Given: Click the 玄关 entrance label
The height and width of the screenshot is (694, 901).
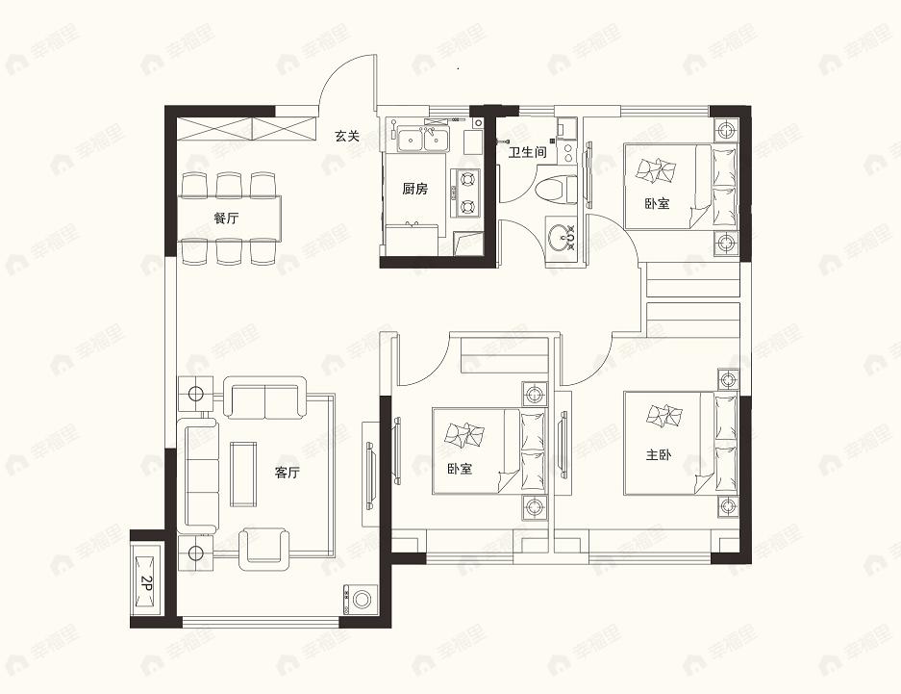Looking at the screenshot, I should [347, 137].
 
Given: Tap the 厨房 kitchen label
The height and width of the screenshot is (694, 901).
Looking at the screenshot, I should [414, 189].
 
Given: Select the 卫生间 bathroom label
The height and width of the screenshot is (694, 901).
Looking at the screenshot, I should [527, 152].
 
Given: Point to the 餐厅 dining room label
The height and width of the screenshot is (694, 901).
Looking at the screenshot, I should [226, 218].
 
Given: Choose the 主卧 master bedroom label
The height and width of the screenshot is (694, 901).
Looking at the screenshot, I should [659, 456].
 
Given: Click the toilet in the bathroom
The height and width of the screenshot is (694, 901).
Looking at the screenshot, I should [558, 188].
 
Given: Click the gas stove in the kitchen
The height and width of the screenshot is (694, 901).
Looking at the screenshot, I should [467, 191].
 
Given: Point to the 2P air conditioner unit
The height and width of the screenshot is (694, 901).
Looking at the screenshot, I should [147, 580].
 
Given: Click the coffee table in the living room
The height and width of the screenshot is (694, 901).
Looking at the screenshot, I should [243, 474].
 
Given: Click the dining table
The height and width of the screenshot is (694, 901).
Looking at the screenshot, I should [228, 218].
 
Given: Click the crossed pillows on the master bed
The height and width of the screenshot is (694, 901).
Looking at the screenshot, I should [663, 417].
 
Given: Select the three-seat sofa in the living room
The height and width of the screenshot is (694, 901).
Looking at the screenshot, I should [201, 473].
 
